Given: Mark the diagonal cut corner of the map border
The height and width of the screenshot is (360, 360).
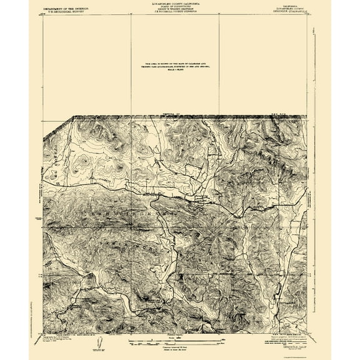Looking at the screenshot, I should [x=73, y=117].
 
